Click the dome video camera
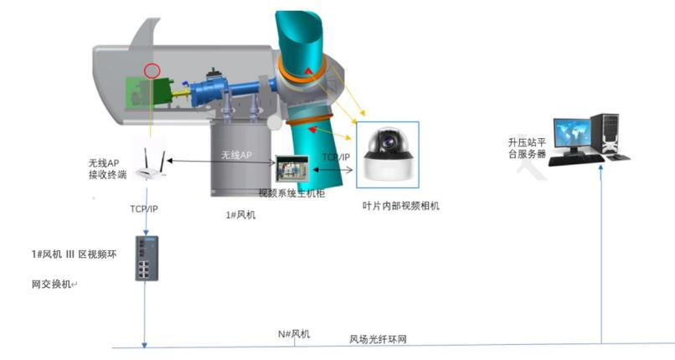point(388,153)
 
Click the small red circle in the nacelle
point(152,70)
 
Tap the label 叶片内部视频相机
point(400,206)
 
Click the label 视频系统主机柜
point(291,194)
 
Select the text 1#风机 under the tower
point(240,215)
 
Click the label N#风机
point(294,334)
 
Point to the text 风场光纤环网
point(378,340)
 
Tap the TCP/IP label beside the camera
point(337,157)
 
